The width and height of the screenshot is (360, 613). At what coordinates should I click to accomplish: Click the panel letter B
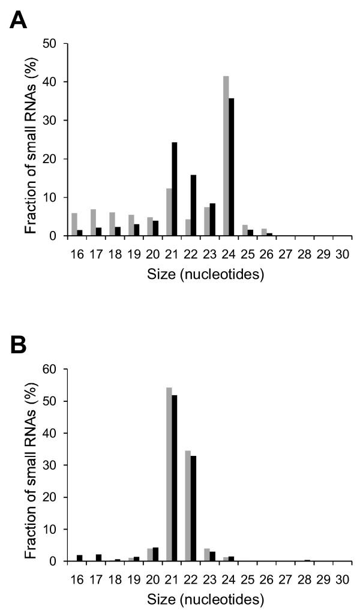click(x=20, y=345)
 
